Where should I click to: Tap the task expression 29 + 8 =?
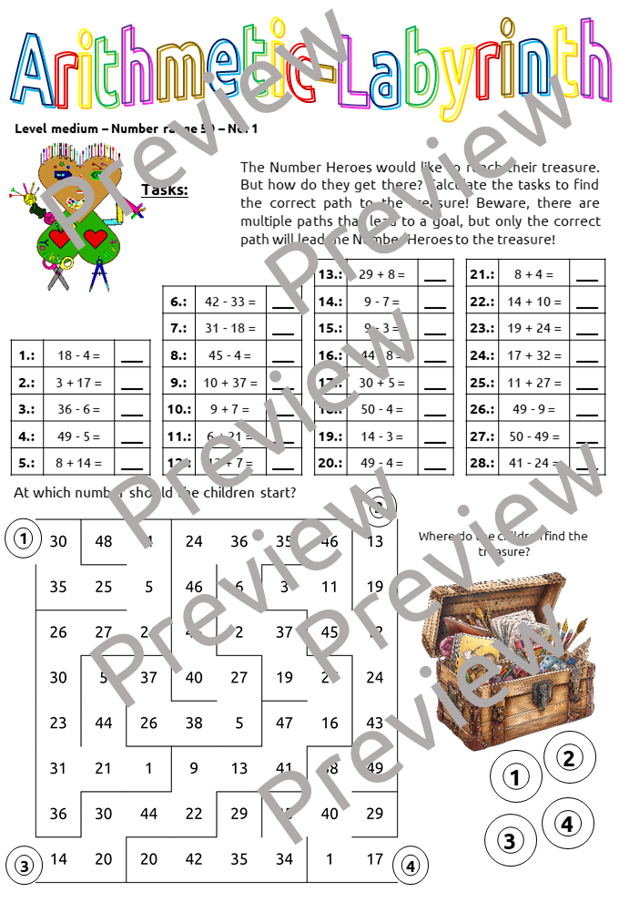click(x=381, y=274)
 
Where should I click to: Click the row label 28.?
click(x=481, y=463)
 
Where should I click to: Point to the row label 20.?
click(x=330, y=463)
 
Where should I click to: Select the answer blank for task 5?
click(x=132, y=463)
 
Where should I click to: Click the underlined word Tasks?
click(x=165, y=190)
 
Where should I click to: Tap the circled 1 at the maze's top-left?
click(x=23, y=539)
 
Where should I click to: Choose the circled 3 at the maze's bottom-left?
click(x=23, y=865)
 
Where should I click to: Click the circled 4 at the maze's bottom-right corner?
click(x=411, y=865)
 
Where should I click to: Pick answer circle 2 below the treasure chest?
click(x=569, y=757)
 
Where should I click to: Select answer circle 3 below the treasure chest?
click(x=510, y=840)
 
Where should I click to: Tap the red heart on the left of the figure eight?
click(x=60, y=239)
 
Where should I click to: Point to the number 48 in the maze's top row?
click(x=104, y=541)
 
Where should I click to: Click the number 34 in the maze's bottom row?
click(x=284, y=858)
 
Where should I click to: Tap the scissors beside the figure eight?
click(x=59, y=274)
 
